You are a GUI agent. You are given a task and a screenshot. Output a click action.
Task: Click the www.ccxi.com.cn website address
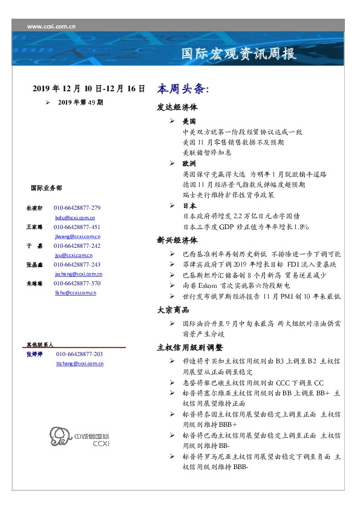click(x=51, y=27)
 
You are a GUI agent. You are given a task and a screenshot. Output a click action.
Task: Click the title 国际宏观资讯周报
click(x=239, y=54)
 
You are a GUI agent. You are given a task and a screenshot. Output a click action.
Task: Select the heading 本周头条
click(x=183, y=89)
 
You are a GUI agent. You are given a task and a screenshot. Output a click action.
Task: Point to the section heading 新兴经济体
click(x=177, y=240)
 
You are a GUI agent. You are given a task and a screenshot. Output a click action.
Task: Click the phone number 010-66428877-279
click(x=77, y=208)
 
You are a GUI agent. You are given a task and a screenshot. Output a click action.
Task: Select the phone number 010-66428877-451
click(x=77, y=227)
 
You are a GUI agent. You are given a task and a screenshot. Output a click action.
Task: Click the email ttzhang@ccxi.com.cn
click(x=79, y=363)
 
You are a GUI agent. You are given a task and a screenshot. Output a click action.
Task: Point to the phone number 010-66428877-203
click(x=79, y=354)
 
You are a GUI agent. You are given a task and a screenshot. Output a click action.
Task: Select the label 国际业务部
click(x=46, y=188)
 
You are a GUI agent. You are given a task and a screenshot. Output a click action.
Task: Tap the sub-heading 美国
click(x=189, y=122)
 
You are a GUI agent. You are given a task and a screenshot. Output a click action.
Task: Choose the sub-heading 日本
click(x=189, y=206)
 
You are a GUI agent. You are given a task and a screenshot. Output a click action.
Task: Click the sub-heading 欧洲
click(x=189, y=164)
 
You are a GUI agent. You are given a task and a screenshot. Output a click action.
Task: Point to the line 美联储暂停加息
click(x=207, y=153)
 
